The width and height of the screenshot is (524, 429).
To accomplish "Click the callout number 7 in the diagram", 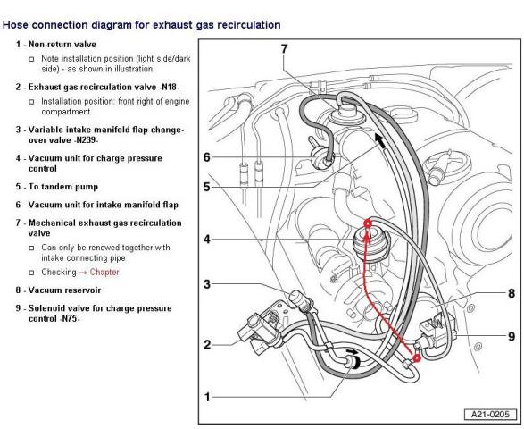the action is pyautogui.click(x=284, y=49).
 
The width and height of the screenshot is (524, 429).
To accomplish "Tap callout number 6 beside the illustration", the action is pyautogui.click(x=207, y=157).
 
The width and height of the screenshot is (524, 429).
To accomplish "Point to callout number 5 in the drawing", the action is pyautogui.click(x=207, y=187).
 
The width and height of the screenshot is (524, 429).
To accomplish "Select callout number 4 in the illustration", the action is pyautogui.click(x=207, y=240).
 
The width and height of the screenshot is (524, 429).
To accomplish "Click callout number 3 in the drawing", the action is pyautogui.click(x=207, y=284).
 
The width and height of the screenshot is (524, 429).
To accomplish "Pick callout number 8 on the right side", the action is pyautogui.click(x=512, y=293).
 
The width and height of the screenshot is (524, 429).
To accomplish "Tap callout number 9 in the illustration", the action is pyautogui.click(x=512, y=336).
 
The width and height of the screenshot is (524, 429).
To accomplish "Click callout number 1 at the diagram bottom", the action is pyautogui.click(x=207, y=397).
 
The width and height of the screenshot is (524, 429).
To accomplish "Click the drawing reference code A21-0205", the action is pyautogui.click(x=490, y=415).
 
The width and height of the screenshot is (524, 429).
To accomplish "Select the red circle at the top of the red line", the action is pyautogui.click(x=367, y=223).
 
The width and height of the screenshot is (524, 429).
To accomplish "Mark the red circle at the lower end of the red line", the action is pyautogui.click(x=417, y=358).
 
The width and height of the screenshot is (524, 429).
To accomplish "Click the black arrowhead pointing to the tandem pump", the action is pyautogui.click(x=380, y=140).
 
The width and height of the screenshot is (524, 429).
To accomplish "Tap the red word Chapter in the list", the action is pyautogui.click(x=104, y=273).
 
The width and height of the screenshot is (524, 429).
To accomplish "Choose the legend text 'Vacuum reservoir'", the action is pyautogui.click(x=64, y=290).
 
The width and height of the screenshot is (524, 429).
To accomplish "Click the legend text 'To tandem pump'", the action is pyautogui.click(x=63, y=187).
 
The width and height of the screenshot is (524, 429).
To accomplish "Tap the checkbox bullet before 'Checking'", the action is pyautogui.click(x=31, y=273).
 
